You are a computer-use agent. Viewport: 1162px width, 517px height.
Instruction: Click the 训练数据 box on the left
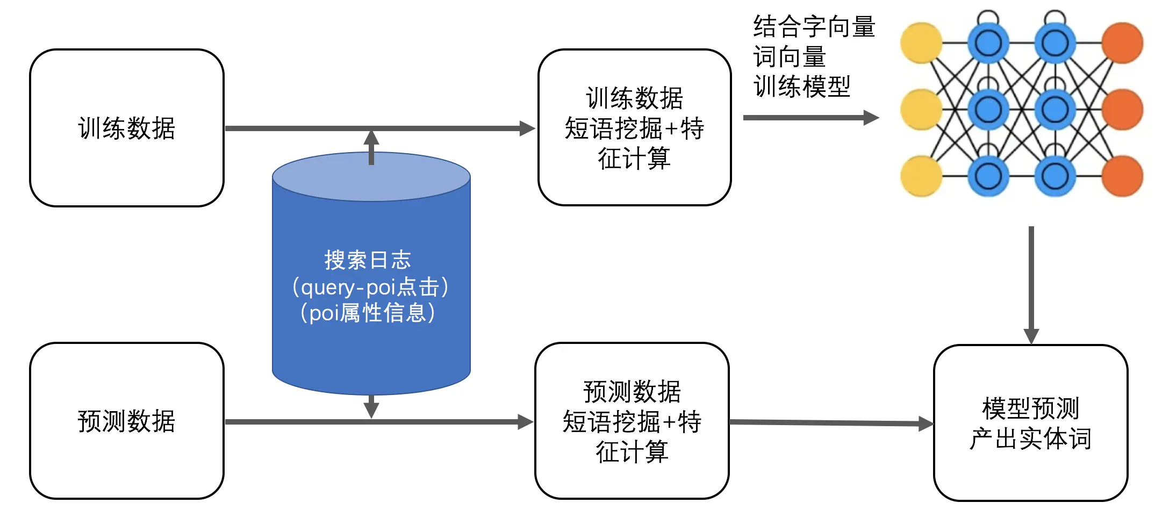point(127,128)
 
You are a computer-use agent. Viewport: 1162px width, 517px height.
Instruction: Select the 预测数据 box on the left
point(127,421)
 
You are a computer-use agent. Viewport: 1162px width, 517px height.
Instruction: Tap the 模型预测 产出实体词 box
point(1030,423)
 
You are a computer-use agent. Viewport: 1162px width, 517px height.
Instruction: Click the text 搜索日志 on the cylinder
point(368,260)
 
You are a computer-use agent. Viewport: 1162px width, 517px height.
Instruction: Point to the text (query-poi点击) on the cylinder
point(370,287)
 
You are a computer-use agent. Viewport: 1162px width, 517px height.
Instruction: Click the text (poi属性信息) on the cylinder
point(368,313)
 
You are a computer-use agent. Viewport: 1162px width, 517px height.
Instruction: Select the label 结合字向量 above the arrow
point(814,27)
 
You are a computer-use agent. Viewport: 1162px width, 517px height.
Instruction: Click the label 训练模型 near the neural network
point(802,87)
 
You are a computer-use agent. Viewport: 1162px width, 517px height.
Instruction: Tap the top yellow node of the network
point(921,43)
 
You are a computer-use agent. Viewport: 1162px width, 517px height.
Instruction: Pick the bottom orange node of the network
point(1122,176)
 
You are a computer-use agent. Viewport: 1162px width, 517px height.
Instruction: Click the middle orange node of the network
point(1122,110)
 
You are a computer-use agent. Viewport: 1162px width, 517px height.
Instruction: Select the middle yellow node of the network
point(921,110)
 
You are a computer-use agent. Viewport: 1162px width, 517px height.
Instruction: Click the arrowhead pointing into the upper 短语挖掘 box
point(527,128)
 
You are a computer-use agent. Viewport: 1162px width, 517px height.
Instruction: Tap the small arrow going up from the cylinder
point(371,145)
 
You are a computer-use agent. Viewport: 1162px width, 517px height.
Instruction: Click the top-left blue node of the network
point(988,43)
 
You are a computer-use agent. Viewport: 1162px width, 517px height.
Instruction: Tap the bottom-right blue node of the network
point(1055,176)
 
